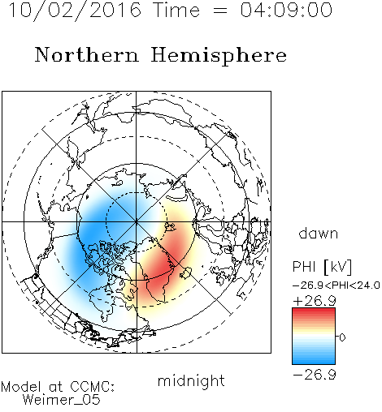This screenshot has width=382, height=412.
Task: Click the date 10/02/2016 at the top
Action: click(75, 11)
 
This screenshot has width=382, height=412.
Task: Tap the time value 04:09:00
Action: click(286, 10)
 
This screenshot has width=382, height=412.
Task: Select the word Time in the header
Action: click(176, 10)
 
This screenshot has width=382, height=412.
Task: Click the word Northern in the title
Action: click(87, 54)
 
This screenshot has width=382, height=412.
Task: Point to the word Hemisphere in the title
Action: click(219, 56)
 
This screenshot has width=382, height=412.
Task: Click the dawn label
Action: click(319, 233)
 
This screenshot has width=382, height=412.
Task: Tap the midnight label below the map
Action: click(191, 381)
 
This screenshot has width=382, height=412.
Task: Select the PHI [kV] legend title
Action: click(322, 267)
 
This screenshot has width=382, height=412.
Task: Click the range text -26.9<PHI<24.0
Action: click(336, 285)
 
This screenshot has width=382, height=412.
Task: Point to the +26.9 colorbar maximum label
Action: click(315, 301)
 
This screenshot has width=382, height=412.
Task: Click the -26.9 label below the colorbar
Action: click(315, 375)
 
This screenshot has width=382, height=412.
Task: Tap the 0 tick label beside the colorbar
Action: click(342, 337)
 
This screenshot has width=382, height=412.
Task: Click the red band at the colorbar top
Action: click(314, 311)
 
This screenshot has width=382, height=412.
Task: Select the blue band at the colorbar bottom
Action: click(314, 360)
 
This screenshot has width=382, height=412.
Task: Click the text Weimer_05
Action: click(62, 400)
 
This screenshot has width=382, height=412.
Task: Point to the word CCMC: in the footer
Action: click(93, 387)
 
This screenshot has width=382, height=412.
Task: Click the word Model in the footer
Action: click(22, 387)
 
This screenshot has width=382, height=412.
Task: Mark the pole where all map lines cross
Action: click(137, 221)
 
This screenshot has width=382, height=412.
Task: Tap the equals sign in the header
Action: click(220, 11)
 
